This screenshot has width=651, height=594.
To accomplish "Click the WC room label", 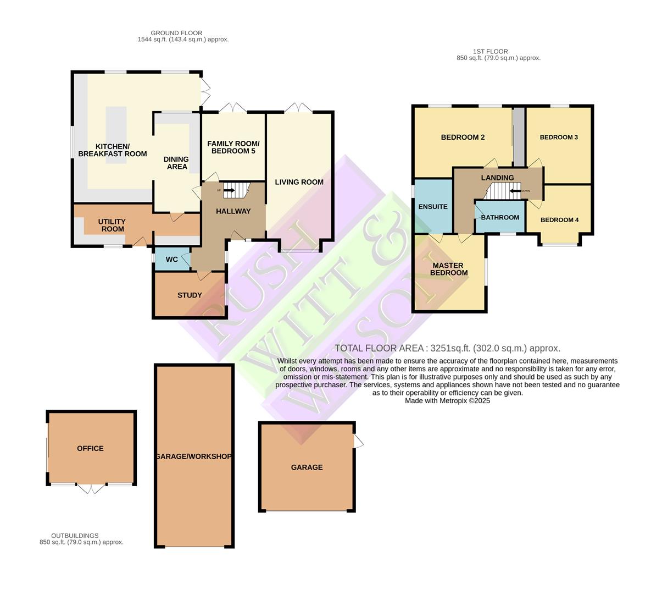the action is tap(171, 260).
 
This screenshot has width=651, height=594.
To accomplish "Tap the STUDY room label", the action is tap(190, 295).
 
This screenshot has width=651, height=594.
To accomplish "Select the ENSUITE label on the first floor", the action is tap(433, 207).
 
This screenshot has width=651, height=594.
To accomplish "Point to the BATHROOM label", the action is tap(500, 217).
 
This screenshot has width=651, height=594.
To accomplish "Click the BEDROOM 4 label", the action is tap(560, 220).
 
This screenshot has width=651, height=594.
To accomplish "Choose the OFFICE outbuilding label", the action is tap(91, 448).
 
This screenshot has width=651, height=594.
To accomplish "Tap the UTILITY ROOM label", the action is tap(112, 226).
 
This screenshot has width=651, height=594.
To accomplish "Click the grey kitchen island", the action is tap(116, 135).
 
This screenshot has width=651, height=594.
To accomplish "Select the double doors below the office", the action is tap(91, 488).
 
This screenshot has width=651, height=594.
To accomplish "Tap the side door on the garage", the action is tap(358, 441).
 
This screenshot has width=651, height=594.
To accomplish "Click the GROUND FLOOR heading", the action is tap(176, 33).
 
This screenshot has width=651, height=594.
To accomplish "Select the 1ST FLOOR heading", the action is tap(491, 52).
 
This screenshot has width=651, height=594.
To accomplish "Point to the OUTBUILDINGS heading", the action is tap(75, 536).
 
